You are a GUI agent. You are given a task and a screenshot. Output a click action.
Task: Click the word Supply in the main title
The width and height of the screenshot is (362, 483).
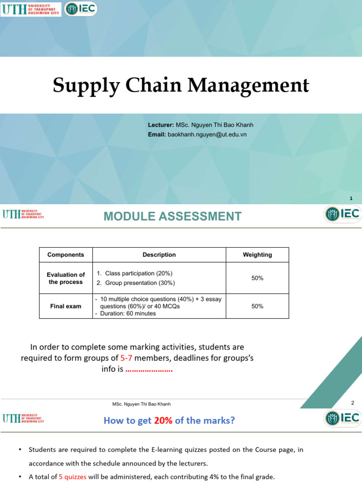pos(81,86)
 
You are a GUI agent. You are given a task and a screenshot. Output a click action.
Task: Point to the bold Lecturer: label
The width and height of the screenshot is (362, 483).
pos(161,125)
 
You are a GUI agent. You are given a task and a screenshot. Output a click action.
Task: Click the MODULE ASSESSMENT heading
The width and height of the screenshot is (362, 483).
pos(173,217)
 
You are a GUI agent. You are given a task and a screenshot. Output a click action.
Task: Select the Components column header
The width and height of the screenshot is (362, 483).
pos(66,255)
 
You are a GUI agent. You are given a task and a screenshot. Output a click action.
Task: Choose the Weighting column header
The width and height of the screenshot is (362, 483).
pos(257,255)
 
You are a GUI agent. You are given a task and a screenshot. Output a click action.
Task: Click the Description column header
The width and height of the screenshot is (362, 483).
pos(159,255)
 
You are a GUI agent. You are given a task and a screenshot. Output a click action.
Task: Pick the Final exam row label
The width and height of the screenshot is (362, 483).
pos(66,306)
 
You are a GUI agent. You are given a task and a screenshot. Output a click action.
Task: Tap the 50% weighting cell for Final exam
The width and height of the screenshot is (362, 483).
pos(257,306)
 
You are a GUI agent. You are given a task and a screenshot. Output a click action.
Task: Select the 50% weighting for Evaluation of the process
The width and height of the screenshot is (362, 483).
pos(257,278)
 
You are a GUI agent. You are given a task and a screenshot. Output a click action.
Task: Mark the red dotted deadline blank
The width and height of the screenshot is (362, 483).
pos(149,369)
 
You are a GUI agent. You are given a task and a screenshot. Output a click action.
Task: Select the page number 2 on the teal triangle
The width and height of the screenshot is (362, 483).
pos(352,403)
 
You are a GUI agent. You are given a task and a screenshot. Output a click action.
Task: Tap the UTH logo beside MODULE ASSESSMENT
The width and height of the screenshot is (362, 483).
pos(23,215)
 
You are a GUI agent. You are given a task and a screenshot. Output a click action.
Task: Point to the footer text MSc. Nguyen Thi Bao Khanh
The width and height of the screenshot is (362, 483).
pos(141,404)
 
